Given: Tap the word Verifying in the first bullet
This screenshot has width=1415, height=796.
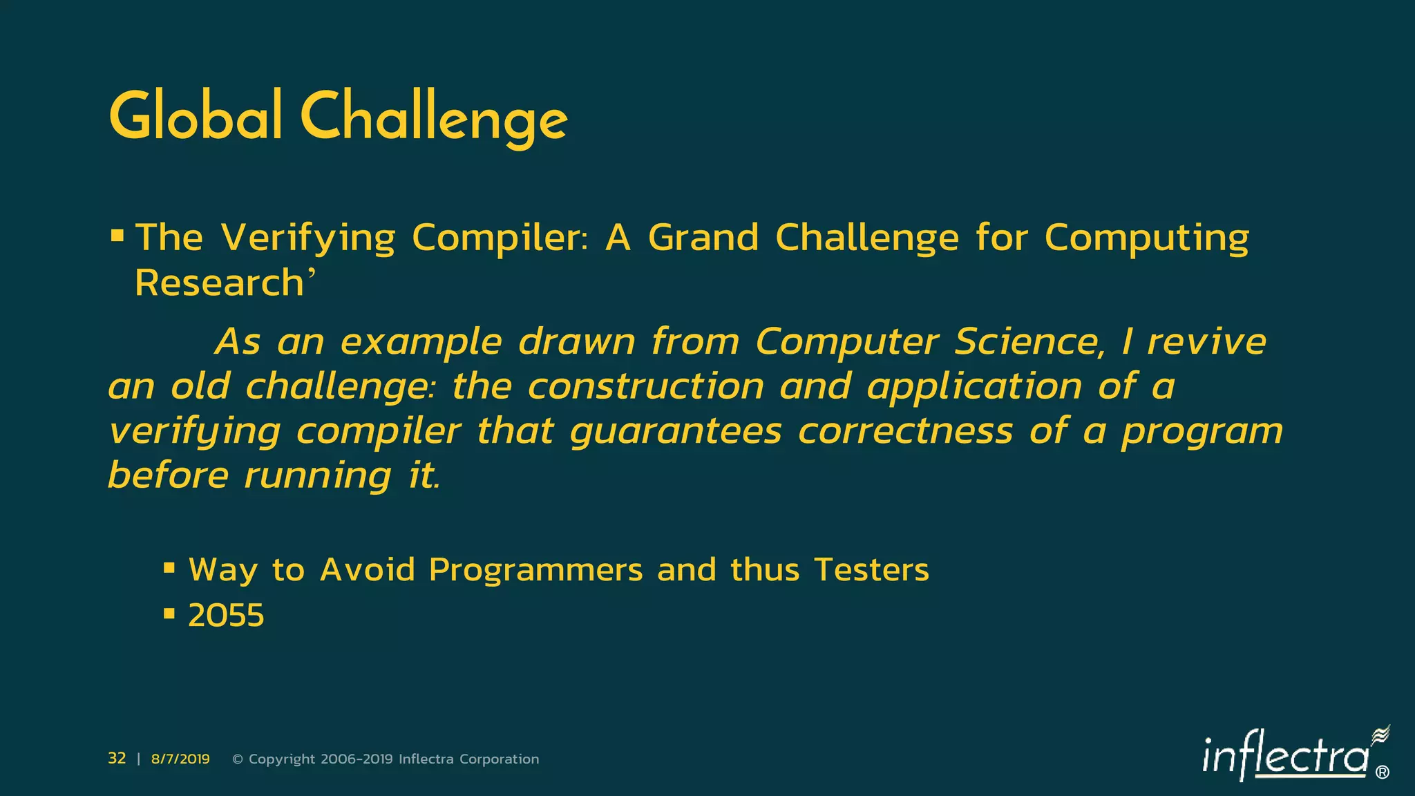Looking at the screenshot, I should [308, 238].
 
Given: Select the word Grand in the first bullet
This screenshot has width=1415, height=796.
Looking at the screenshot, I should [703, 238].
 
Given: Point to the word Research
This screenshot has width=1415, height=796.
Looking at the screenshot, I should [219, 283].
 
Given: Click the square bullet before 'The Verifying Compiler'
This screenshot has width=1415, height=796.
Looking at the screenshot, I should [117, 237].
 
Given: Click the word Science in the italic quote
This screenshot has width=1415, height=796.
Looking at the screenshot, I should [1029, 341].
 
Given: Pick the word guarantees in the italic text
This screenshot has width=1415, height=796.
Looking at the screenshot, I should [676, 431].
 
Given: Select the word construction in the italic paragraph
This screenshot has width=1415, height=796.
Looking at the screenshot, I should [645, 386].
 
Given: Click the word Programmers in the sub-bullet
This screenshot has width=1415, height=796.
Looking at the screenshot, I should [535, 570].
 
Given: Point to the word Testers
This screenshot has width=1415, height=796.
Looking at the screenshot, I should [871, 570].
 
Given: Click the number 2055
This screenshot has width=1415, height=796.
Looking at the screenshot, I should [226, 615].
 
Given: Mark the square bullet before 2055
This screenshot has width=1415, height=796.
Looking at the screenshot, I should [169, 614].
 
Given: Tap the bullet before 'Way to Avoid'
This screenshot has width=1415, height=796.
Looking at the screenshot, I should [169, 569].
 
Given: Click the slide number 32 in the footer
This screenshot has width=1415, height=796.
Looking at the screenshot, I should [117, 759].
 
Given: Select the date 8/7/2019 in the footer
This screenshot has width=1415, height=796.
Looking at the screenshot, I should [180, 759].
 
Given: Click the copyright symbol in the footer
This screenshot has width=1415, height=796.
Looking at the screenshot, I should [238, 759].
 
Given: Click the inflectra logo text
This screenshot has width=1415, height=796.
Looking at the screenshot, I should [1284, 756].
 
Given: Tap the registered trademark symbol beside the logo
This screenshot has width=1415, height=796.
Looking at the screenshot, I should [1383, 773].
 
